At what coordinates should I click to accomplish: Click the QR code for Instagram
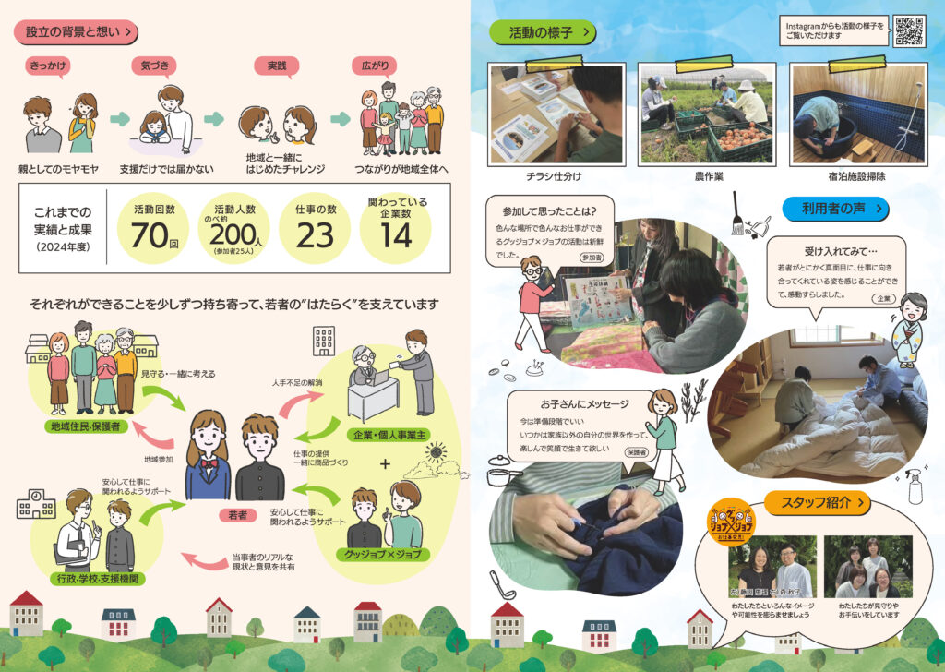(x=909, y=31)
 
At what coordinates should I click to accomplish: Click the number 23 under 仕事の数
(x=315, y=235)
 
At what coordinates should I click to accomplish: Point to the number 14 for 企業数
(x=395, y=235)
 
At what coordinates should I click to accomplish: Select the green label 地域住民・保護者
(x=86, y=426)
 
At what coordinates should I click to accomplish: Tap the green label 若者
(x=236, y=515)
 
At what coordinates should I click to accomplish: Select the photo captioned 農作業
(x=708, y=114)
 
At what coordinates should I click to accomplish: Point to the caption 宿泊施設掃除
(x=858, y=175)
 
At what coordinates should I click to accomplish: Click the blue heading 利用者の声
(x=835, y=210)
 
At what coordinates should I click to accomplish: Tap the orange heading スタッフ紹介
(x=817, y=503)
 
